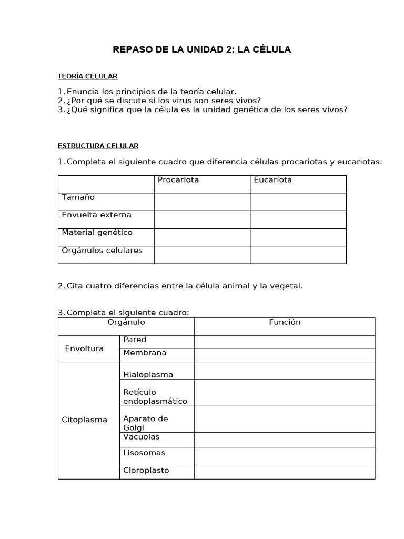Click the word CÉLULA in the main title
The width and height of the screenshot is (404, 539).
[270, 50]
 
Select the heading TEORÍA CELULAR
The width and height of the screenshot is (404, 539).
[88, 76]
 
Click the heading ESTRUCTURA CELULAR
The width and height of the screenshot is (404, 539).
[98, 146]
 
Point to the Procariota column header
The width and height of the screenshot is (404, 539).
[178, 180]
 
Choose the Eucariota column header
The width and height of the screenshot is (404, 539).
[272, 180]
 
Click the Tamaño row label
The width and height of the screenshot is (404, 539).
[78, 197]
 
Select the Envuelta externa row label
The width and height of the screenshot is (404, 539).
[96, 215]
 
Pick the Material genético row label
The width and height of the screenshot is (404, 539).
[97, 232]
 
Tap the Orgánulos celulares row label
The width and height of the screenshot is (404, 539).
[102, 251]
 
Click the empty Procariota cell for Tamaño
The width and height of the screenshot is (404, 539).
[201, 202]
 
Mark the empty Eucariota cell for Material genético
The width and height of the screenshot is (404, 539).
[298, 237]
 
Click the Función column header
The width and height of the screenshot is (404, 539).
[285, 322]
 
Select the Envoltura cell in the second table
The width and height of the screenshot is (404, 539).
[84, 348]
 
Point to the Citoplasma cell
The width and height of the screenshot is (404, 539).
[84, 420]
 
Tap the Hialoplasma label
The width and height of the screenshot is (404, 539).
[148, 375]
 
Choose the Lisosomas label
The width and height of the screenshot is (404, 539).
[144, 453]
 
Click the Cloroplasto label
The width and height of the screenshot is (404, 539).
[146, 471]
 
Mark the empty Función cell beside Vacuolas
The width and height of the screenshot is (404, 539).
[285, 440]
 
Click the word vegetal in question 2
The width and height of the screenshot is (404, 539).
[286, 286]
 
